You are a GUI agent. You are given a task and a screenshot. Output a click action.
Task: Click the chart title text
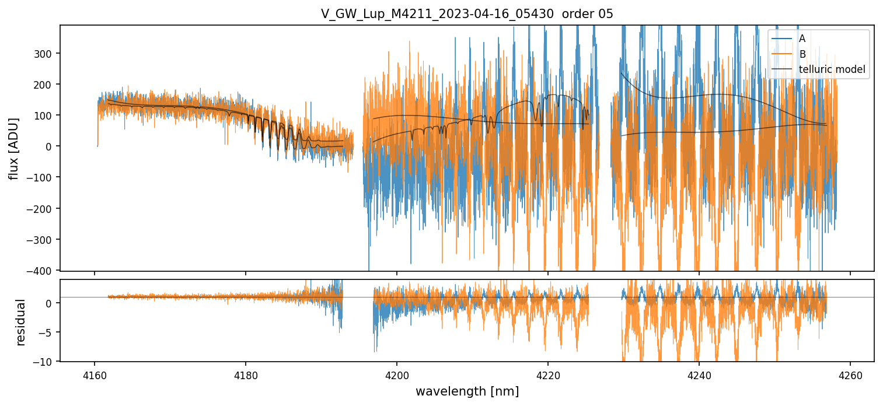467,14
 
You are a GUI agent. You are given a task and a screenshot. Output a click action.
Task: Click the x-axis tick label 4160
95,373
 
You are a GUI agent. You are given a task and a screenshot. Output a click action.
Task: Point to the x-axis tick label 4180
246,373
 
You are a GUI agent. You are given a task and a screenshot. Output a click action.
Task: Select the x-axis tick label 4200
397,373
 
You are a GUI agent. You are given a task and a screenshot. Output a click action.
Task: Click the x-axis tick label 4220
548,373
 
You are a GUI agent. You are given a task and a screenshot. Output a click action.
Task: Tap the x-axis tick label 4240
699,373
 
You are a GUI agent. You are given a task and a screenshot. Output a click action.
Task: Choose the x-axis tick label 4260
850,373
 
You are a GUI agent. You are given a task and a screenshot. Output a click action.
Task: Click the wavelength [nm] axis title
467,391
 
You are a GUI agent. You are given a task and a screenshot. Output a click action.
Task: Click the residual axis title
21,322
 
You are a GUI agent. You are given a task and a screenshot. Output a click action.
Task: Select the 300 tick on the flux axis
46,54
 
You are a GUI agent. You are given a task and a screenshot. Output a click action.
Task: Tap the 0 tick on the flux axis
51,146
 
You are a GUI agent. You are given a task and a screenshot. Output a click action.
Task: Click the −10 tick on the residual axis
46,362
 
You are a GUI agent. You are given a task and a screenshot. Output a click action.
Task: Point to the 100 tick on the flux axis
46,116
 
